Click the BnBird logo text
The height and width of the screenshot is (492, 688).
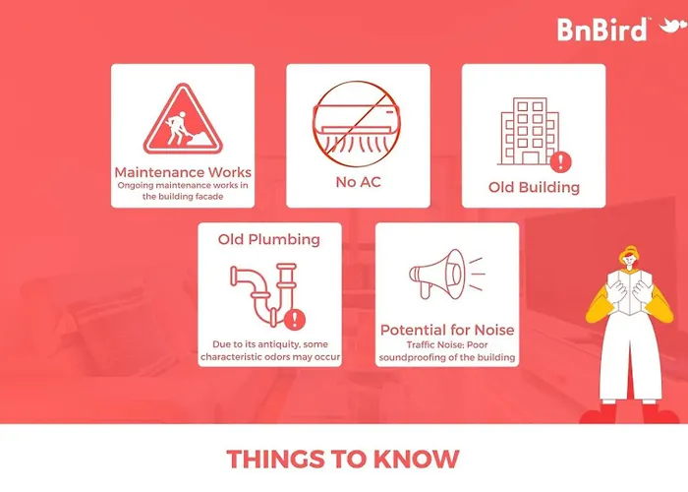tap(602, 30)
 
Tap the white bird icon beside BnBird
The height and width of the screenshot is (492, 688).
tap(672, 26)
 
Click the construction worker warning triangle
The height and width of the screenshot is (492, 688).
tap(183, 119)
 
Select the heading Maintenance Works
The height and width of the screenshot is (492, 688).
tap(183, 172)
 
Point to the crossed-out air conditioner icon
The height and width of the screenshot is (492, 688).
tap(357, 124)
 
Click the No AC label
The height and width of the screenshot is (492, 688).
tap(358, 181)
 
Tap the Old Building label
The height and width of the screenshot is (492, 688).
tap(534, 187)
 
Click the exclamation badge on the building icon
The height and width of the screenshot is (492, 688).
tap(560, 161)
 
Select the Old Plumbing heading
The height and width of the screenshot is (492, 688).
tap(269, 239)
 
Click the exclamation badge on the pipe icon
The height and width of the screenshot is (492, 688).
tap(295, 319)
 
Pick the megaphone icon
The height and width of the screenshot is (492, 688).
tap(446, 275)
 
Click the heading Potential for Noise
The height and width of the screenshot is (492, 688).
tap(447, 330)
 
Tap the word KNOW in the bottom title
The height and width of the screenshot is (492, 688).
tap(416, 460)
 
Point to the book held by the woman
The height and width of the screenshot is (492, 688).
tap(629, 291)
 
